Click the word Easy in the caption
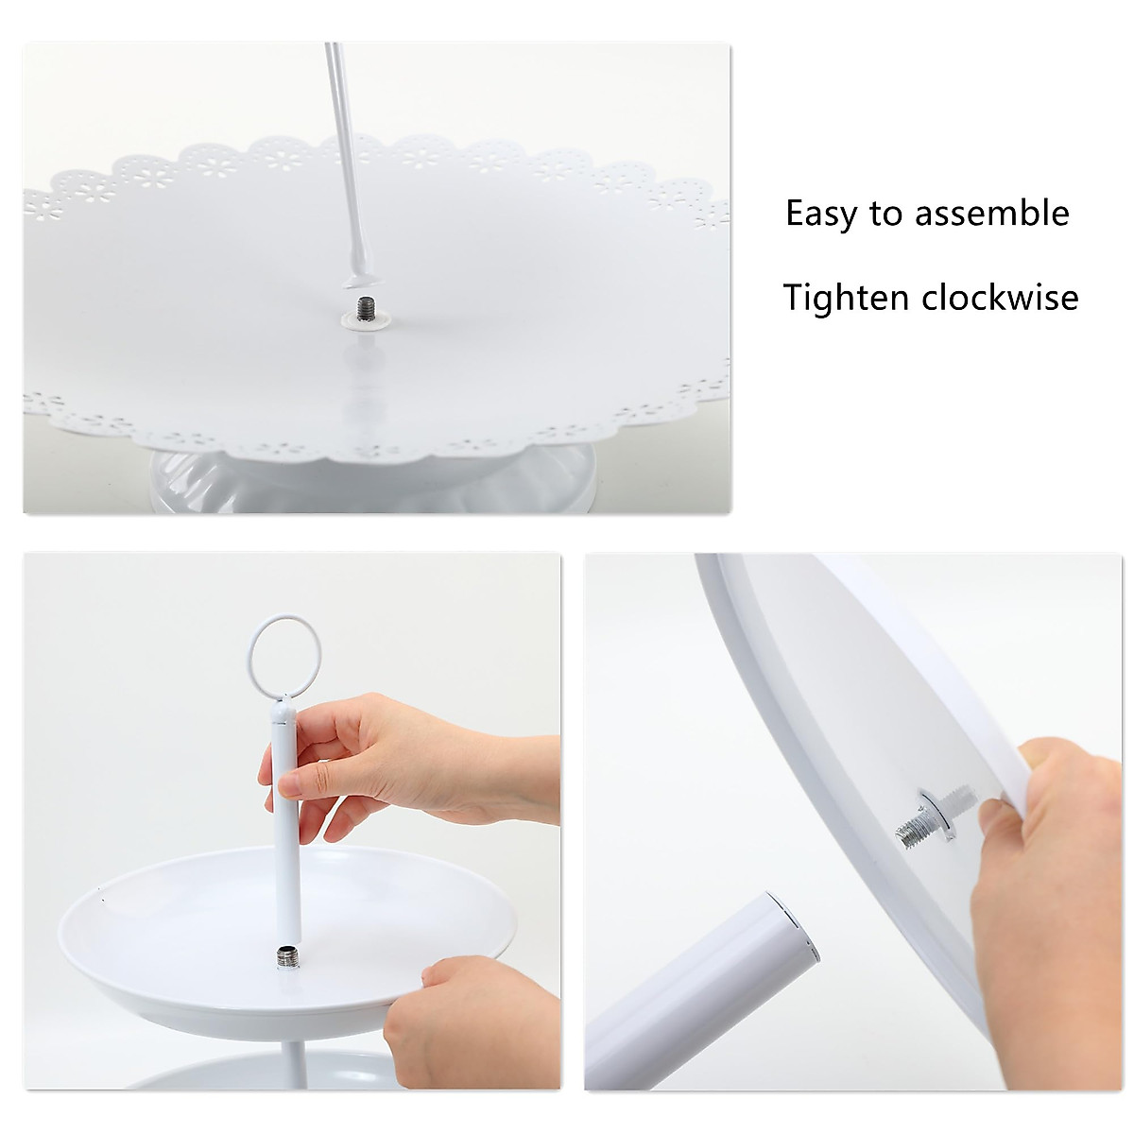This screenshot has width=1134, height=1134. click(822, 215)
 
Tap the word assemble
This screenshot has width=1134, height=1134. click(991, 213)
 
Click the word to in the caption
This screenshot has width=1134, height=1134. click(886, 215)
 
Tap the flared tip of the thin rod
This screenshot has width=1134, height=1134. click(362, 277)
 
